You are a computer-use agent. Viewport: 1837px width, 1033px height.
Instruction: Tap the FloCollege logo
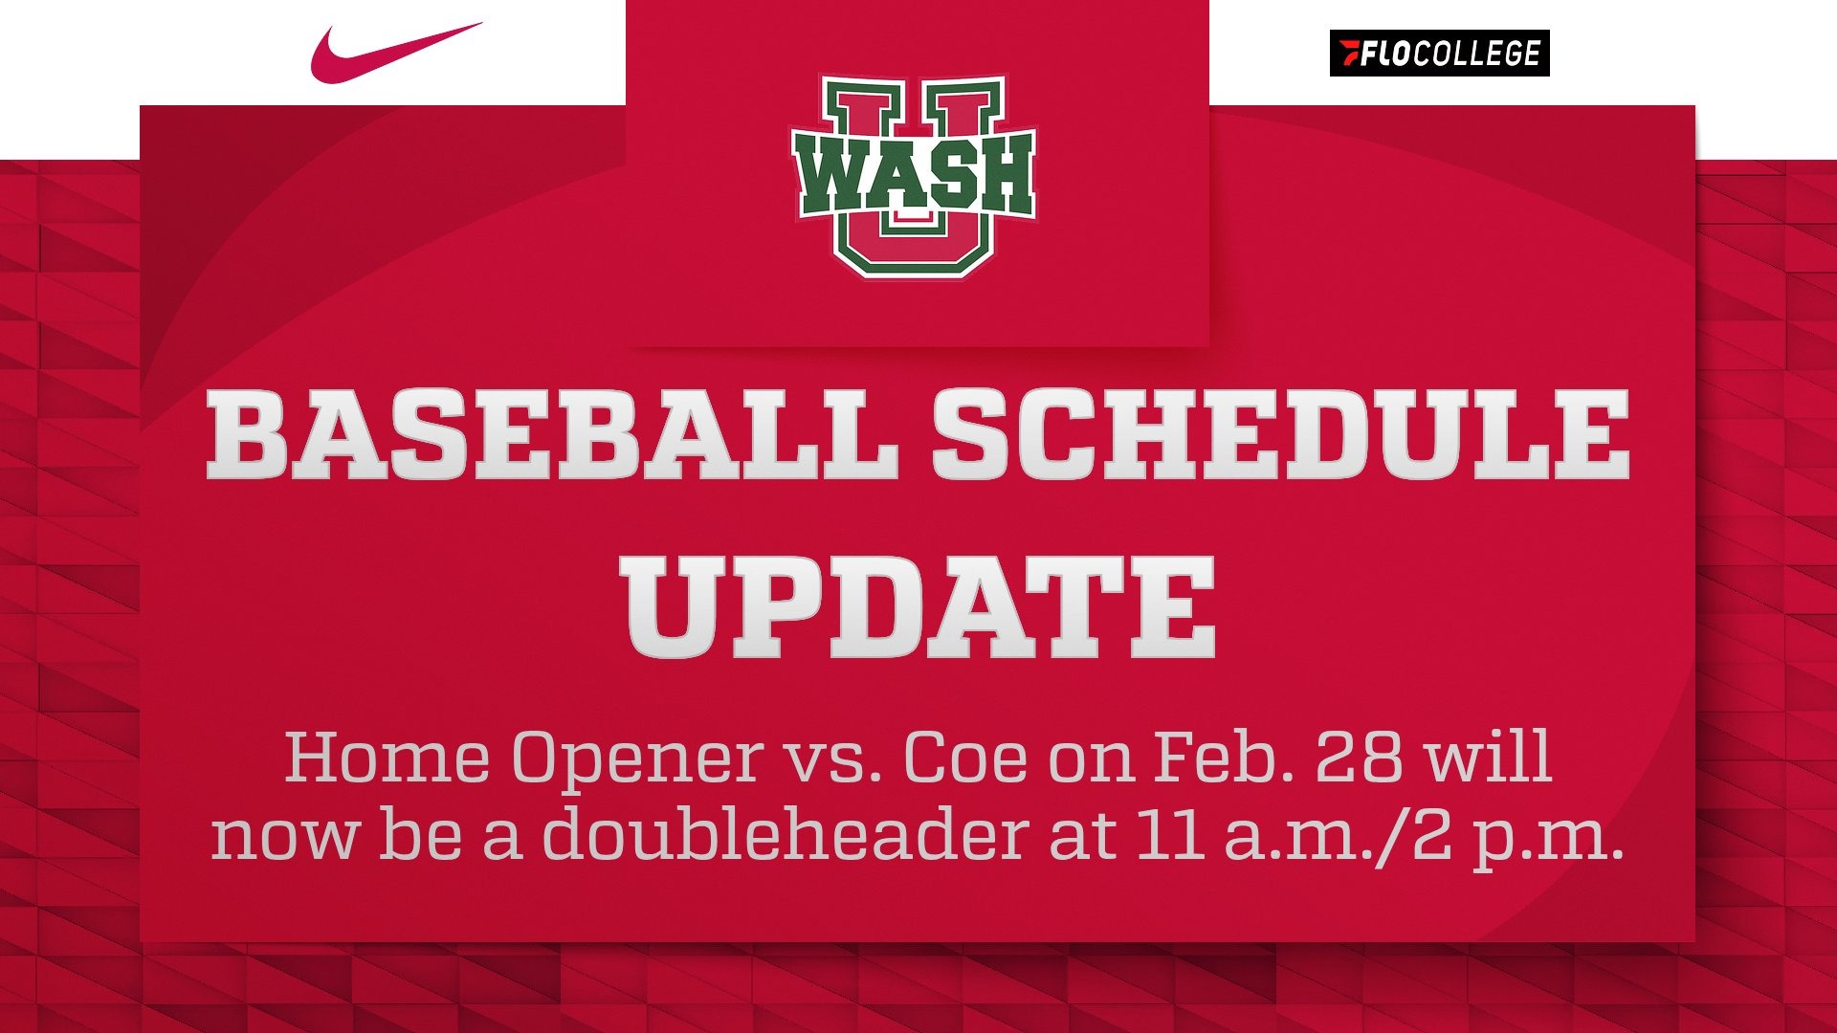(x=1439, y=54)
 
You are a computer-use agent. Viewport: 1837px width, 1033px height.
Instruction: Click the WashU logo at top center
(x=914, y=177)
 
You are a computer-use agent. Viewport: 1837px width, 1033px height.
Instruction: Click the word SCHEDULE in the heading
(x=1280, y=435)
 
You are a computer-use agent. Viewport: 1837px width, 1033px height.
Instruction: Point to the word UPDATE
(x=918, y=607)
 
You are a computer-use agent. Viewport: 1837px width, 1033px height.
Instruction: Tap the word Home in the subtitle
(x=387, y=758)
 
